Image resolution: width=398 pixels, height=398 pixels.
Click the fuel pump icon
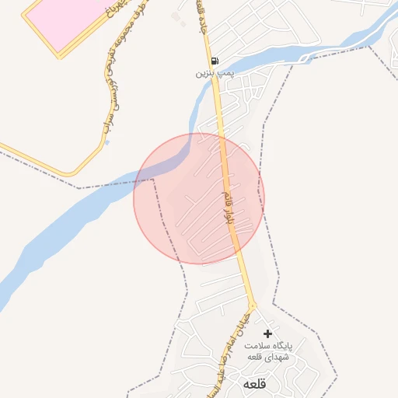[214, 61]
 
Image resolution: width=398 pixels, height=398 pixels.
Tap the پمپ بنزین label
[214, 72]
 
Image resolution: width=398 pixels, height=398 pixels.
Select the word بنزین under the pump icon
[204, 72]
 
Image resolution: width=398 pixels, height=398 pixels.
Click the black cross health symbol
[268, 333]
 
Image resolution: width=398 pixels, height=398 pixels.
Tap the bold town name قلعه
[255, 384]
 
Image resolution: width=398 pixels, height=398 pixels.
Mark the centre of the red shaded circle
[199, 199]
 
